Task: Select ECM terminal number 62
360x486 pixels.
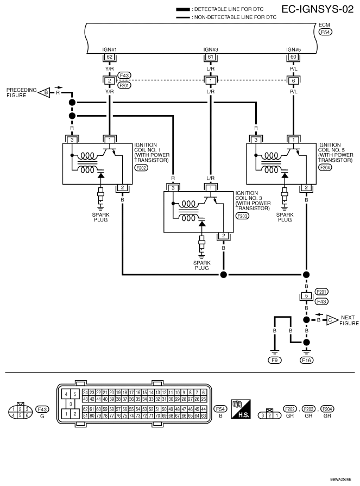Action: coord(110,56)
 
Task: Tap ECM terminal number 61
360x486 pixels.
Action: coord(210,56)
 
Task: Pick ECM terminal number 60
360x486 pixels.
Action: coord(294,56)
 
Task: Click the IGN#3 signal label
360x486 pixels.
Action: coord(210,49)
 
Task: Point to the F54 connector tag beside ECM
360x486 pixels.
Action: coord(326,32)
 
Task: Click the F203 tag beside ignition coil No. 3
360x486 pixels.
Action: coord(242,216)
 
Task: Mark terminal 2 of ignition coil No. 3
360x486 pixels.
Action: coord(223,236)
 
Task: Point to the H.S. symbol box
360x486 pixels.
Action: coord(239,408)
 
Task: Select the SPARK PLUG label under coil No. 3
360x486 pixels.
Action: coord(201,265)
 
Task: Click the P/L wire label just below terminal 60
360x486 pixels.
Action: coord(294,68)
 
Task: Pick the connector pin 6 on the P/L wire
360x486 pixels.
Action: coord(294,80)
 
